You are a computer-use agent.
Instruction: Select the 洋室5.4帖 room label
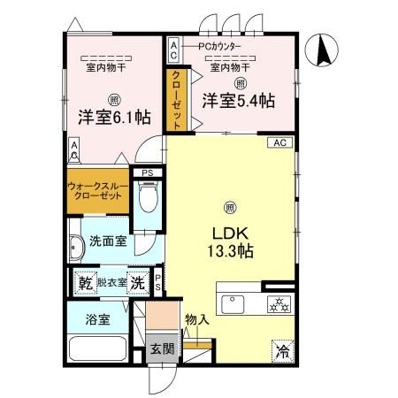pos(236,99)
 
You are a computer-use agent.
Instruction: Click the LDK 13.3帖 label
pos(231,241)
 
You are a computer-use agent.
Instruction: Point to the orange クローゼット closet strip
pos(176,100)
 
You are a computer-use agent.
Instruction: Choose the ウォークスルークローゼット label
pos(97,192)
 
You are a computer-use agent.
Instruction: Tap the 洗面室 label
pos(107,241)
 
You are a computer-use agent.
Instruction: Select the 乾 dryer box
pos(86,283)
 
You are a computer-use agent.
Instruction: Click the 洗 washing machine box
pos(137,283)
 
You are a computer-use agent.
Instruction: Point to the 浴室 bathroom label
pos(97,319)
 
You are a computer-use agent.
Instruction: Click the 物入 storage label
pos(196,319)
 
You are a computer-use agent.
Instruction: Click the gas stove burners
pos(279,304)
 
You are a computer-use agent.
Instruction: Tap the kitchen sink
pos(234,302)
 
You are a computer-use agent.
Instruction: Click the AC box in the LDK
pos(279,142)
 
